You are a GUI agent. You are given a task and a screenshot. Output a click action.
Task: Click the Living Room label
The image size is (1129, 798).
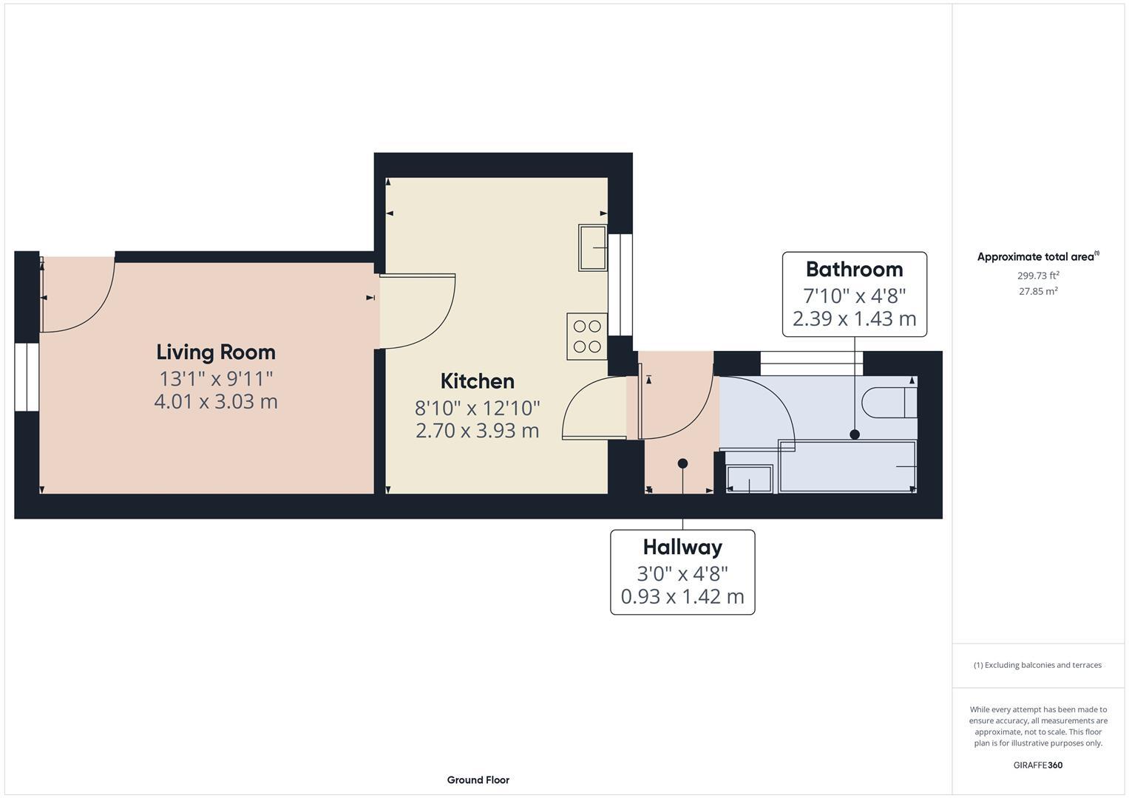tap(216, 352)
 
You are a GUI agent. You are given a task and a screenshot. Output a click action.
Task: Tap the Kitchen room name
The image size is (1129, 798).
tap(477, 381)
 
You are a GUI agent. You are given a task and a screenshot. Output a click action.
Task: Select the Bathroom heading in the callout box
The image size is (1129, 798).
tap(854, 269)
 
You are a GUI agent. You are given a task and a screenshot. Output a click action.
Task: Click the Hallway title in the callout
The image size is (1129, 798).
tap(682, 547)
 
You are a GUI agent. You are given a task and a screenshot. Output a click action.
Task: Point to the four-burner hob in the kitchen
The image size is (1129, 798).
tap(587, 337)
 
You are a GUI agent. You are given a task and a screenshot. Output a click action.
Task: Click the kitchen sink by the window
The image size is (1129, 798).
tap(593, 248)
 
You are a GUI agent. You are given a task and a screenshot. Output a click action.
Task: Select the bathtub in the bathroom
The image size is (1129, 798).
tap(847, 466)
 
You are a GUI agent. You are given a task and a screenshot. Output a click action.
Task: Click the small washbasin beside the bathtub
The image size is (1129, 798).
tap(749, 479)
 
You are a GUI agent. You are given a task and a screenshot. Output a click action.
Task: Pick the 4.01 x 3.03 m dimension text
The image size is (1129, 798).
tap(216, 402)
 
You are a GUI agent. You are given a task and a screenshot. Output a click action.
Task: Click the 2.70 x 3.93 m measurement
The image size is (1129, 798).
tap(477, 431)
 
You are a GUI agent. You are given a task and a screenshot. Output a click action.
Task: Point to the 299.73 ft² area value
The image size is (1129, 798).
tap(1038, 276)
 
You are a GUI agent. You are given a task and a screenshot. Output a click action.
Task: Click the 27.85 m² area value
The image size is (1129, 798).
tap(1038, 291)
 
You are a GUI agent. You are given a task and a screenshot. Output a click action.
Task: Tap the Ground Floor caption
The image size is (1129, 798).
tap(478, 780)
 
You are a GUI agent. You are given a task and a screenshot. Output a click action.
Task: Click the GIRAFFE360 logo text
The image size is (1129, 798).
tap(1037, 765)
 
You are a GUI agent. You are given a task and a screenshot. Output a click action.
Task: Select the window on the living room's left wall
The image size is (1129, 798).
tap(26, 376)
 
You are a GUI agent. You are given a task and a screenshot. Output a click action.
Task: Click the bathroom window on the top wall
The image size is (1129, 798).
tap(811, 358)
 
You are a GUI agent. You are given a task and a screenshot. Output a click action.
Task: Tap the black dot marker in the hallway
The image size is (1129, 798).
tap(682, 463)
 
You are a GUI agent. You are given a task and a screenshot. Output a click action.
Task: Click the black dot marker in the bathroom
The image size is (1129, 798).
tap(855, 434)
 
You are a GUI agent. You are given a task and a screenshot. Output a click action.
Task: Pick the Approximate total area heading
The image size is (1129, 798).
tap(1037, 257)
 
